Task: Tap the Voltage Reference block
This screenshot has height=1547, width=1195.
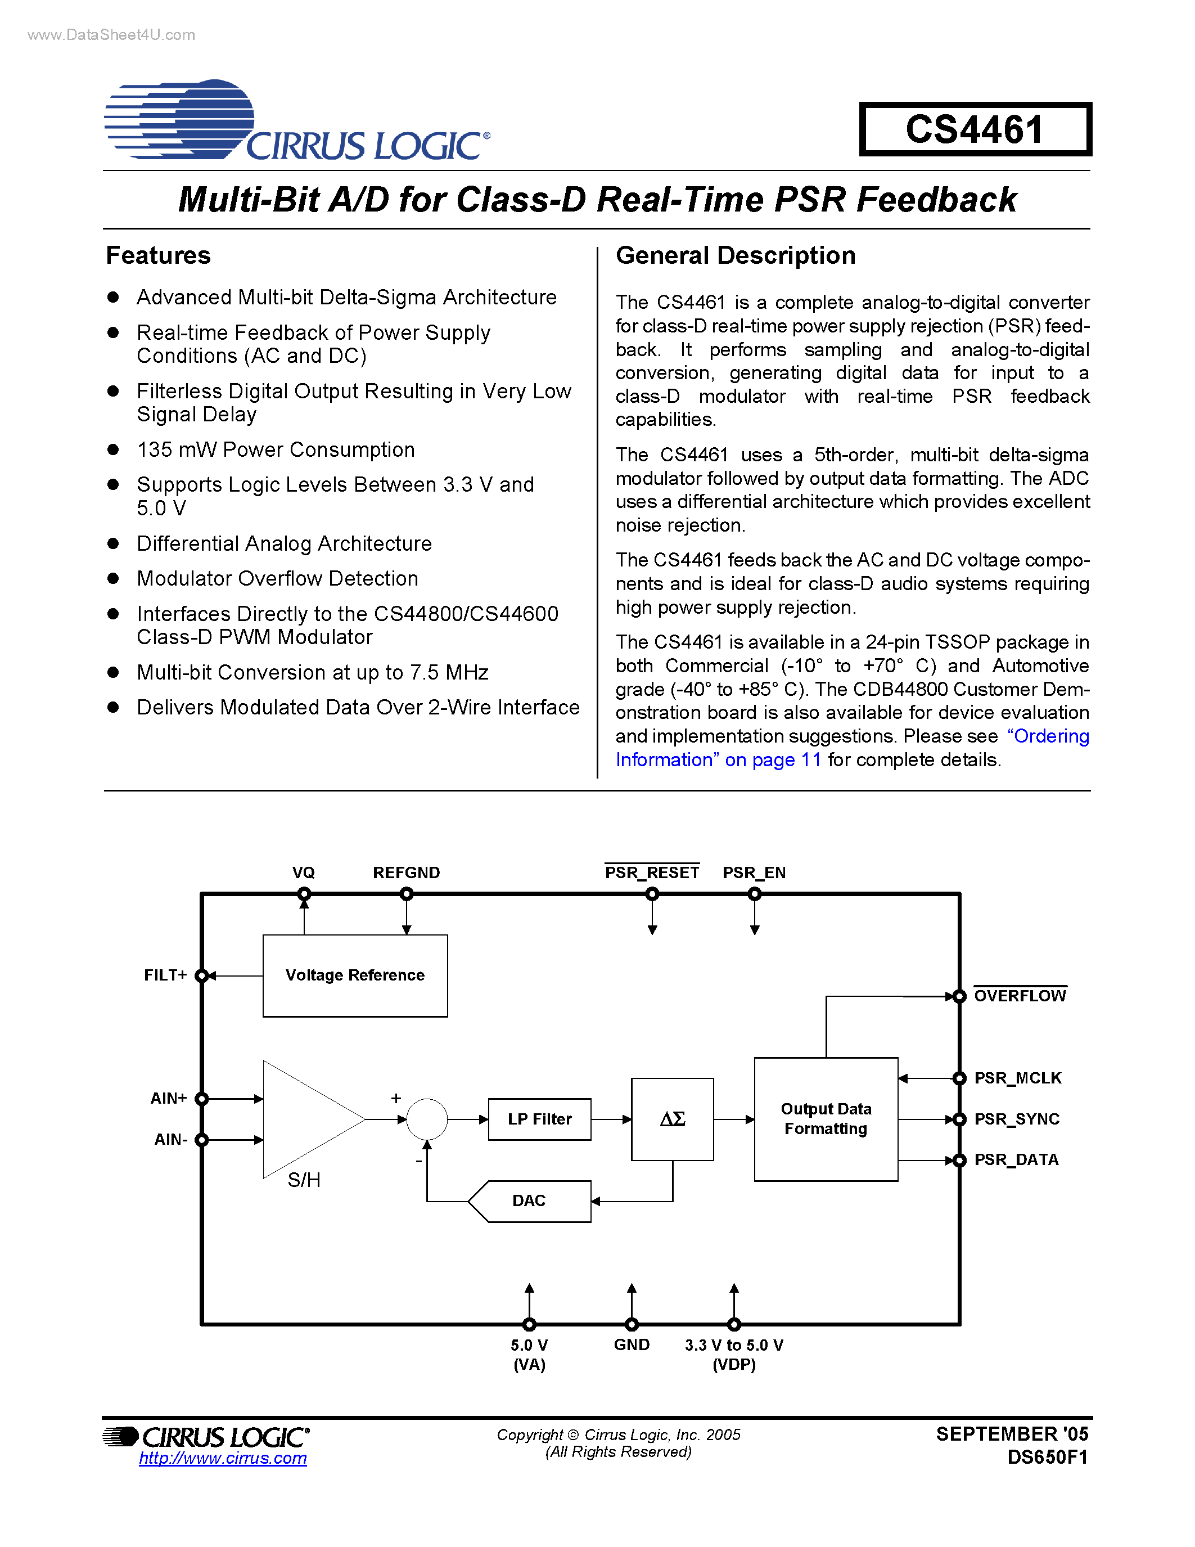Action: point(355,975)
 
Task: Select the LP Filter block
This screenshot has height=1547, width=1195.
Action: point(539,1119)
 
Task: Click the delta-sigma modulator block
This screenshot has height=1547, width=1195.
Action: point(672,1119)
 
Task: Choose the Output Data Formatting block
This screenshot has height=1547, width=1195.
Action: point(826,1119)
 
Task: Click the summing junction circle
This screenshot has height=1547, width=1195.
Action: point(427,1119)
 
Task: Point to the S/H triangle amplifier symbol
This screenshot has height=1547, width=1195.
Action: point(304,1119)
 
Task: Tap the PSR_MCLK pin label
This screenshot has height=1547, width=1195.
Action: point(1017,1078)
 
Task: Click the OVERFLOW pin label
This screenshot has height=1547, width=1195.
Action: point(1020,996)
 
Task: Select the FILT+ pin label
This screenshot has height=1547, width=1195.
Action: point(165,975)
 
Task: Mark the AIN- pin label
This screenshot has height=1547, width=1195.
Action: point(170,1140)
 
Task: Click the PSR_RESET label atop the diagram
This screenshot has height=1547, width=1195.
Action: point(651,873)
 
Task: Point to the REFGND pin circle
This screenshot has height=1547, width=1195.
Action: point(407,894)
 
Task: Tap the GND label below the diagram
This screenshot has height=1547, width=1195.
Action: point(632,1344)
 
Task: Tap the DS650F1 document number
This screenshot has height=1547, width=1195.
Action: point(1047,1457)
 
